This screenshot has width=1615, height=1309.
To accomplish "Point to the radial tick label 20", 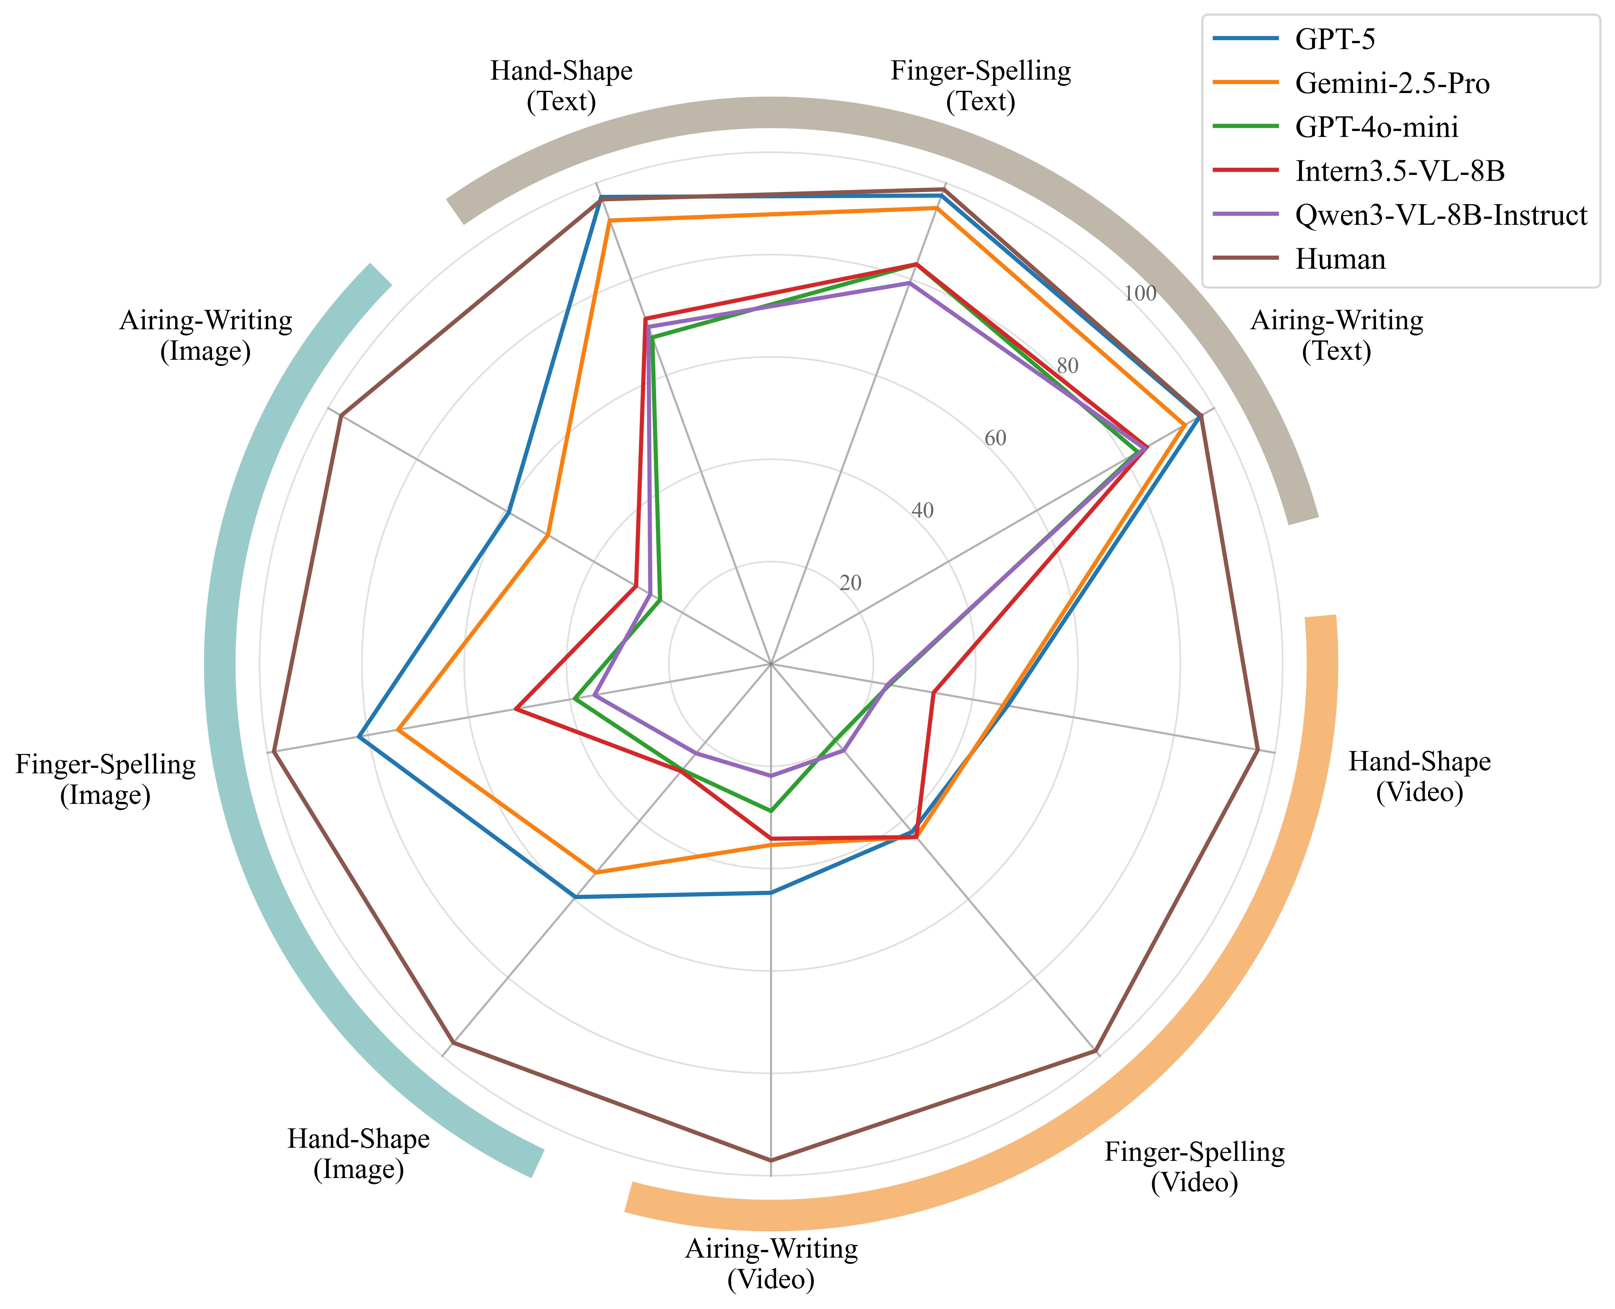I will click(850, 583).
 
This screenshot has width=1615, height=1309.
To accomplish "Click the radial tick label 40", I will click(922, 511).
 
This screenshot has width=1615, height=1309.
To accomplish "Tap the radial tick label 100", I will click(1140, 293).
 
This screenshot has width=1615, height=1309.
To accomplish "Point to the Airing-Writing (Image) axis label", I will click(206, 335).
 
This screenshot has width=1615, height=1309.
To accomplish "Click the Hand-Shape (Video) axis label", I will click(1419, 777).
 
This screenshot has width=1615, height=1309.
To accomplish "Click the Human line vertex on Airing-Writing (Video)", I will click(771, 1159).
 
